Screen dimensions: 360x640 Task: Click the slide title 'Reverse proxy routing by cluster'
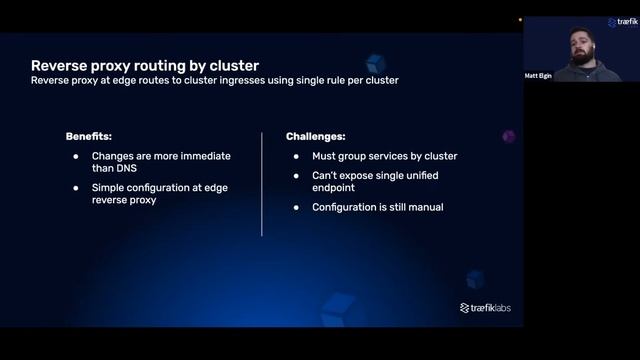point(145,66)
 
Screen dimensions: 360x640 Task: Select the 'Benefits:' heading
point(88,135)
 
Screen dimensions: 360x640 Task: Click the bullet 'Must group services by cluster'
point(384,156)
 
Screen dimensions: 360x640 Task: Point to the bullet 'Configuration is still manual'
point(377,207)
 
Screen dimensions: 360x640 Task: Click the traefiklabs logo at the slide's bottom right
point(485,308)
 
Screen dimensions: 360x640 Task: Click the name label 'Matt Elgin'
point(538,75)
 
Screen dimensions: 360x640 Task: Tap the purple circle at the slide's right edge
point(508,136)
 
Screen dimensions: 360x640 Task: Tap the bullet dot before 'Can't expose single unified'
point(297,175)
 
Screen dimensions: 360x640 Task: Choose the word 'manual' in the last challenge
point(424,207)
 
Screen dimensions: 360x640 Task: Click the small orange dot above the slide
point(520,19)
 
